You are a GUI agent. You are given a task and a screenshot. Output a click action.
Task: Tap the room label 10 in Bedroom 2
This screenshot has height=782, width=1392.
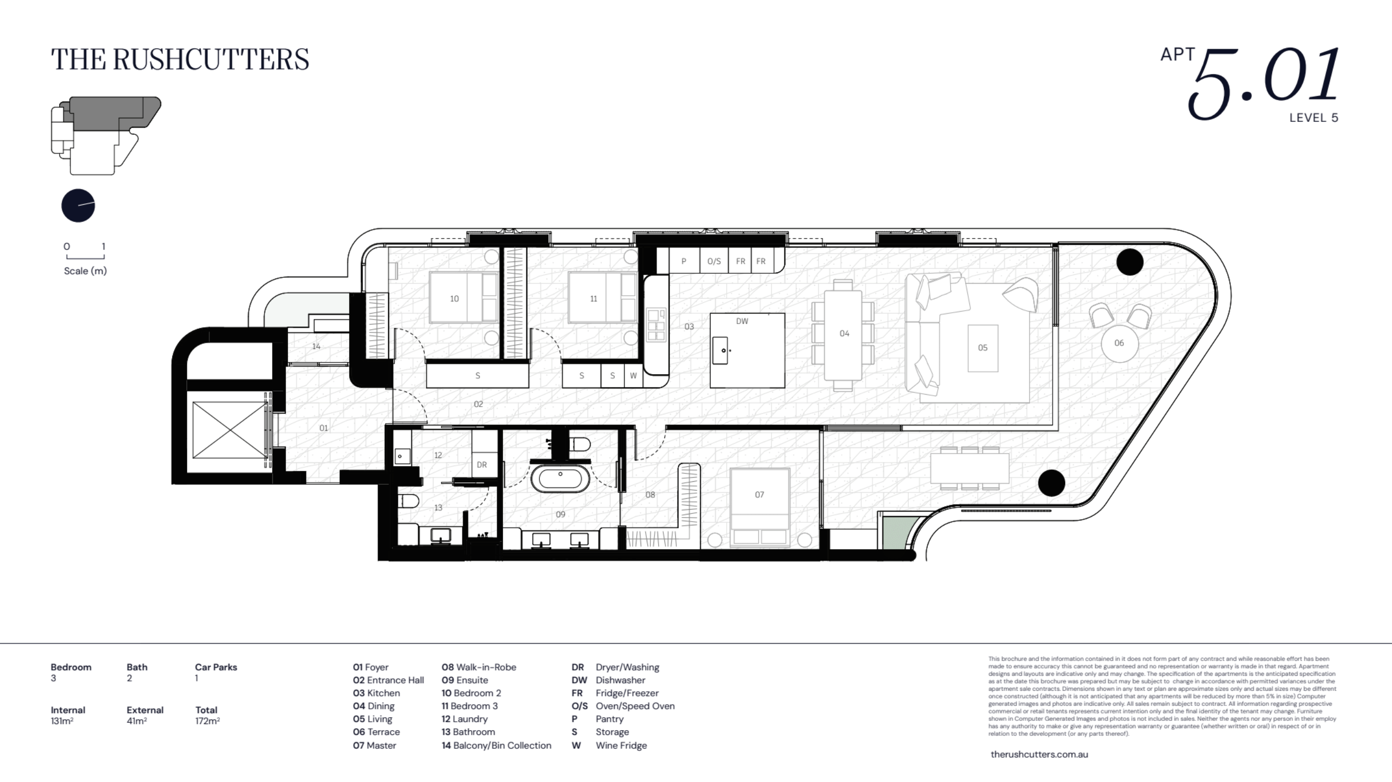(x=454, y=298)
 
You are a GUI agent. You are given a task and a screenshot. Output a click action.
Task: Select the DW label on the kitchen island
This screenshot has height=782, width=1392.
(x=742, y=321)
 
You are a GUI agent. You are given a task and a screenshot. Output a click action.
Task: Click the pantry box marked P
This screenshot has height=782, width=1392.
(x=684, y=261)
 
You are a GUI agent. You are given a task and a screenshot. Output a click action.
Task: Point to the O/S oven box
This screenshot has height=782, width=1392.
(x=714, y=261)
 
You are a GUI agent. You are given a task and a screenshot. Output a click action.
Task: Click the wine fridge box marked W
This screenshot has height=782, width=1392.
(x=633, y=375)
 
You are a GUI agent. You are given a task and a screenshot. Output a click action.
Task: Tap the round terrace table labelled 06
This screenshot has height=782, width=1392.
(x=1119, y=343)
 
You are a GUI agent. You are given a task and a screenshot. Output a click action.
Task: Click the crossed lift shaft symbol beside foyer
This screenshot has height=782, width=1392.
(x=230, y=430)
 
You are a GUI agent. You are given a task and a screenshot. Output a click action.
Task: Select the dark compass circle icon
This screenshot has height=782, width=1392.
(x=78, y=205)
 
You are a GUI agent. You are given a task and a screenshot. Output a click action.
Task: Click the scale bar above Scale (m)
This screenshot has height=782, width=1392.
(x=85, y=257)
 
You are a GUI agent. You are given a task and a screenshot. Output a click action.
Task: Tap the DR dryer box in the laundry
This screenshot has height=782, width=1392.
(x=482, y=464)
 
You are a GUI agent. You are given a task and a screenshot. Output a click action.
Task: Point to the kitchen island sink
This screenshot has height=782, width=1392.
(x=720, y=350)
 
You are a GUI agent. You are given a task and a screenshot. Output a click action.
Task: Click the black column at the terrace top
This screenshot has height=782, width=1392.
(x=1130, y=261)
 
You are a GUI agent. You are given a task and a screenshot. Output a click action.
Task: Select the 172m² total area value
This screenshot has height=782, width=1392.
(x=207, y=721)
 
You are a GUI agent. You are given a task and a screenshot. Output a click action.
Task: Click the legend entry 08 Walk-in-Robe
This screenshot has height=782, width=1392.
(x=479, y=667)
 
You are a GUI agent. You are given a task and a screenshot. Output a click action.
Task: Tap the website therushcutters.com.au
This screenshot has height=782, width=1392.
(x=1039, y=754)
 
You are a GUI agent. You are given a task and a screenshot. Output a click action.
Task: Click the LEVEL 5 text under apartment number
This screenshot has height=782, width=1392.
(x=1313, y=118)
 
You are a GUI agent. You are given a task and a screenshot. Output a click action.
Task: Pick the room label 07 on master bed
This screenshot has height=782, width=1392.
(x=759, y=495)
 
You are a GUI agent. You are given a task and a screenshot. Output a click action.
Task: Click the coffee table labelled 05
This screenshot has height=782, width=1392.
(x=982, y=348)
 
